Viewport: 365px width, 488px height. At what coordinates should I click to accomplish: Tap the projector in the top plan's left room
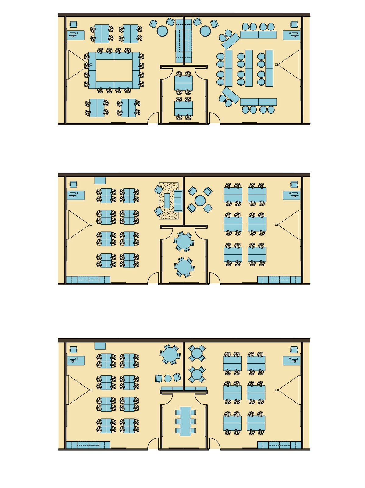tap(91, 65)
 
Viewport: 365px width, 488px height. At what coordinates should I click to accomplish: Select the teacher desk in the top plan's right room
tap(291, 35)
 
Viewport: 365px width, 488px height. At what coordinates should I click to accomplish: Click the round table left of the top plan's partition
tap(162, 31)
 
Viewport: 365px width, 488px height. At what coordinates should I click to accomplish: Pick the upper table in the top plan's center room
tap(184, 83)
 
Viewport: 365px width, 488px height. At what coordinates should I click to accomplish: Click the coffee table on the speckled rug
tap(167, 200)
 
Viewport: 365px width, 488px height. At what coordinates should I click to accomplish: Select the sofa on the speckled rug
tap(178, 201)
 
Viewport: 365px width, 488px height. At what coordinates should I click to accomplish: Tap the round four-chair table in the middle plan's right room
tap(200, 200)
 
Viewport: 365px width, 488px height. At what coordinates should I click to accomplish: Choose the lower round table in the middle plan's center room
tap(184, 267)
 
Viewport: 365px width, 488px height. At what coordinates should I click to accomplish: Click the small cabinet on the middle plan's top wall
tap(100, 180)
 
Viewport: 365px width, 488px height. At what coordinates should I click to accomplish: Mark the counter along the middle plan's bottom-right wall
tap(279, 280)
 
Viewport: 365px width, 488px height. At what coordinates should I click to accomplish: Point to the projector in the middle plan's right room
tap(277, 224)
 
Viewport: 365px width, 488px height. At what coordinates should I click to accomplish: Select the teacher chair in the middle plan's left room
tap(73, 184)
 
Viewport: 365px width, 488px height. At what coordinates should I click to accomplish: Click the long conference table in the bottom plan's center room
tap(185, 421)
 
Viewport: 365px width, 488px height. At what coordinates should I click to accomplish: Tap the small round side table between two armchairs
tap(168, 378)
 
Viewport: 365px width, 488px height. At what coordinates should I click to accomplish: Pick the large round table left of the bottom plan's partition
tap(170, 354)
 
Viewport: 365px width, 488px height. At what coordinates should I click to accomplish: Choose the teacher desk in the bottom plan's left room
tap(76, 361)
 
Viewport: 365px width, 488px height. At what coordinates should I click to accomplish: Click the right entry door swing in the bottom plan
tap(214, 444)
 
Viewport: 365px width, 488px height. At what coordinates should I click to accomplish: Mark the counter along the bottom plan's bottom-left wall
tap(88, 445)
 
